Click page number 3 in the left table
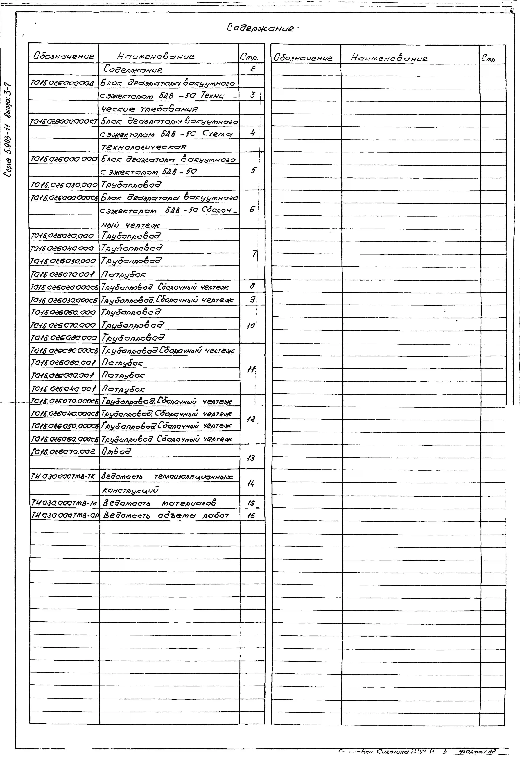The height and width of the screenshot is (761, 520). click(252, 95)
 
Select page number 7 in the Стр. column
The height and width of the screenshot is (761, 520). click(254, 254)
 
